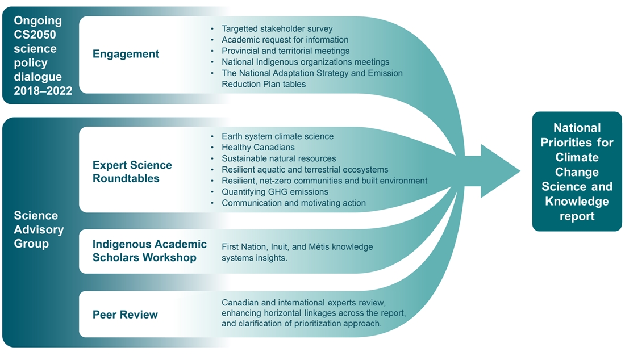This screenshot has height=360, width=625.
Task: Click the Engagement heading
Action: tap(126, 54)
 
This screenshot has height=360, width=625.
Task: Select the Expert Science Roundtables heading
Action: tap(132, 171)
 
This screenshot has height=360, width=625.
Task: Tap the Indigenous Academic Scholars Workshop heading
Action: tap(149, 250)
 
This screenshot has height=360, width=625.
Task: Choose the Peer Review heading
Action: tap(125, 315)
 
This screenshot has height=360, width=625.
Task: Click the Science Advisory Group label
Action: tap(39, 230)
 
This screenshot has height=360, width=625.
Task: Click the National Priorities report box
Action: tap(577, 171)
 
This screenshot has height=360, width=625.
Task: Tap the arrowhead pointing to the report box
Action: tap(500, 171)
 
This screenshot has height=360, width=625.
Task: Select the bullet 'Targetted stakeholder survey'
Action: tap(277, 28)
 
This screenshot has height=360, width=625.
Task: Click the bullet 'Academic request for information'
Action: tap(285, 40)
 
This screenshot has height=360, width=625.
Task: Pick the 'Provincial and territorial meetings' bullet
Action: tap(285, 51)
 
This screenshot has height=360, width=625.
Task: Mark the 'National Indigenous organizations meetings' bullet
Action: tap(305, 62)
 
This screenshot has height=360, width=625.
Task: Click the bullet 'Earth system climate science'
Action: tap(277, 136)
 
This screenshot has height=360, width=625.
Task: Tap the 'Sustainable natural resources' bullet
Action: tap(278, 158)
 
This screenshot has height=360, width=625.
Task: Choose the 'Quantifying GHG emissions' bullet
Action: tap(274, 192)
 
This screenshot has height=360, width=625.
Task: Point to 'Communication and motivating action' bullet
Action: tap(293, 203)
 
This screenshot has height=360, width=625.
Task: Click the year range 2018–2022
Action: tap(44, 90)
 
